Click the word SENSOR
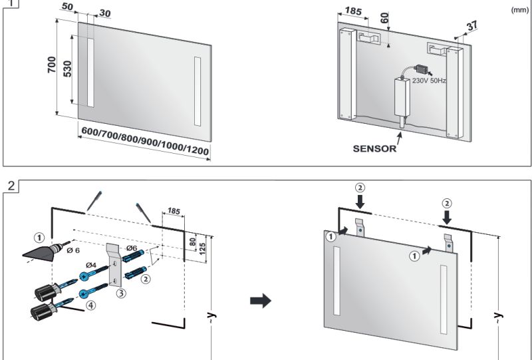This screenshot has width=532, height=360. click(x=374, y=148)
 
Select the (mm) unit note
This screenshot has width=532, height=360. click(x=519, y=10)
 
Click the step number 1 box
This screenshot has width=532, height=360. click(x=8, y=3)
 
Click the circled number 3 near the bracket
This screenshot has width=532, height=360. click(x=120, y=292)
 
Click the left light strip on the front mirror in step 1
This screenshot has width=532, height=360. click(x=90, y=73)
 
